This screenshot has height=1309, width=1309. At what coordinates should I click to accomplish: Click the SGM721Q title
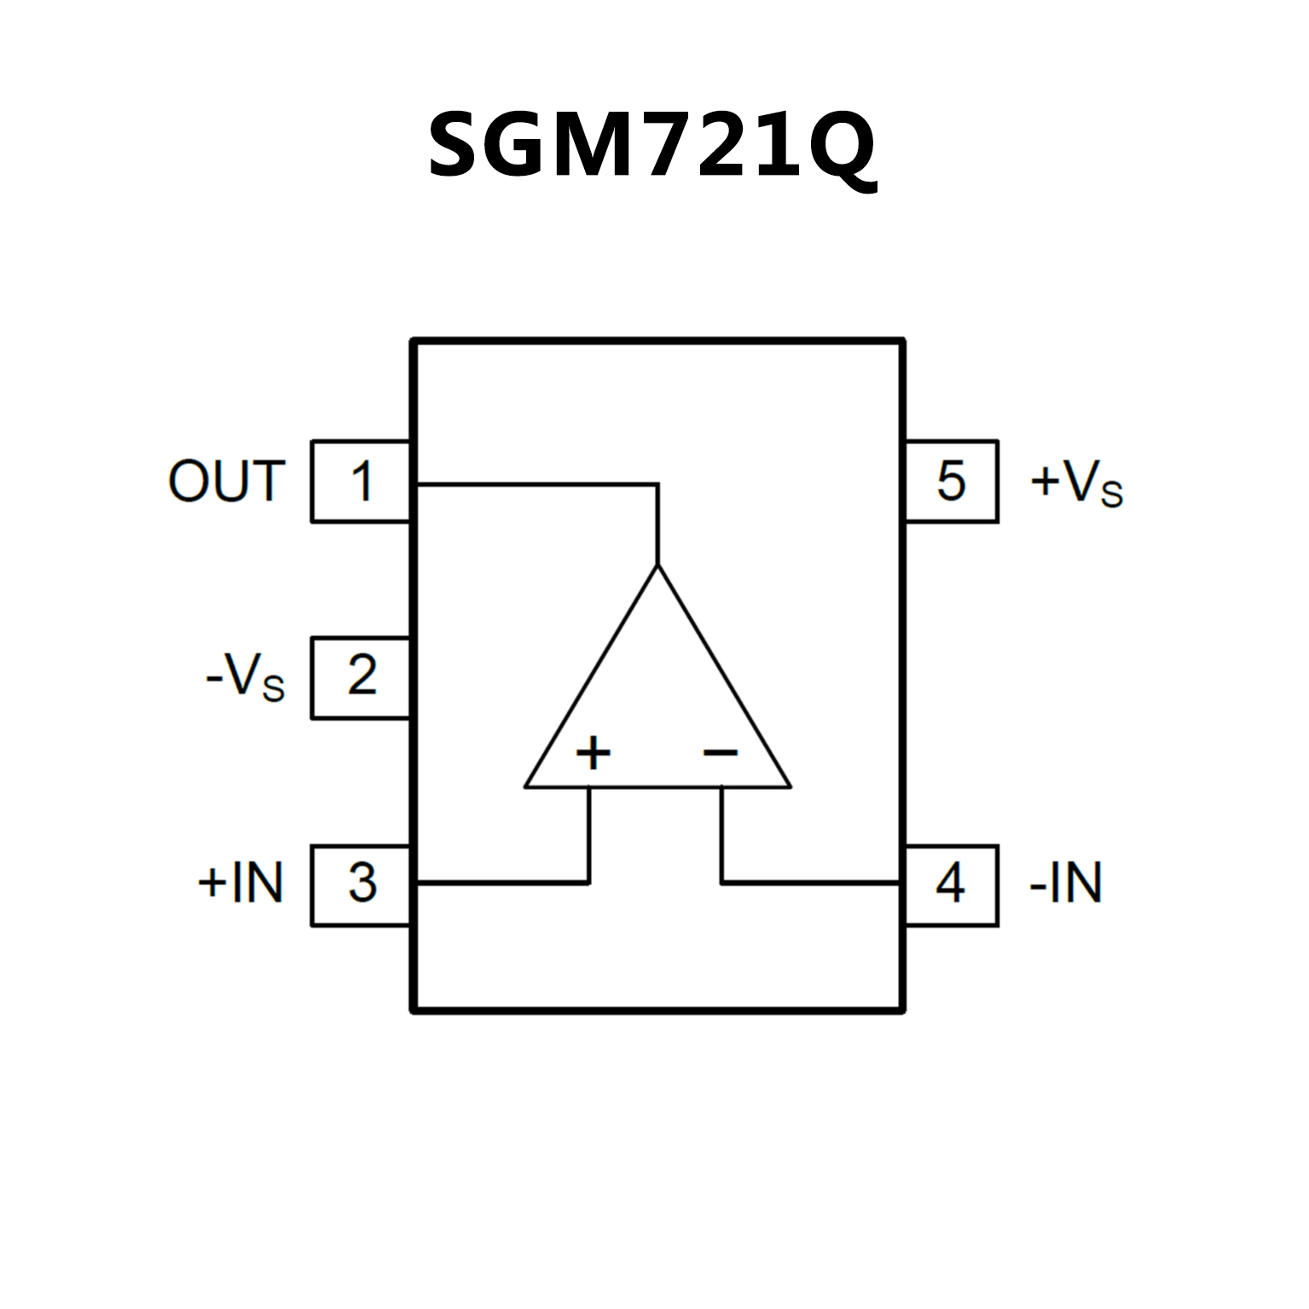point(652,146)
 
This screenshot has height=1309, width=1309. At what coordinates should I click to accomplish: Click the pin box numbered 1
point(361,481)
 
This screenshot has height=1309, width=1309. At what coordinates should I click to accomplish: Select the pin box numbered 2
point(361,677)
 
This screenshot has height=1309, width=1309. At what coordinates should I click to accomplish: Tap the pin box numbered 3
point(362,884)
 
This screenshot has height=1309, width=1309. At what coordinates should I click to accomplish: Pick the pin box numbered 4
point(950,884)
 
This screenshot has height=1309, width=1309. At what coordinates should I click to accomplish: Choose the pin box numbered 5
point(950,481)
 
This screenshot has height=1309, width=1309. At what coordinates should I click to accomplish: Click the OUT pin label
point(226,482)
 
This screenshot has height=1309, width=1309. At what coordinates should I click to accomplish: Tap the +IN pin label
point(240,883)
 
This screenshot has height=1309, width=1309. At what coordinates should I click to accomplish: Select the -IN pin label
point(1066,883)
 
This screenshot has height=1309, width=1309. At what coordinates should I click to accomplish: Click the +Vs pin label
point(1076,483)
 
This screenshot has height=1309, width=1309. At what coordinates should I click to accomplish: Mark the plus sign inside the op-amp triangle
point(593,753)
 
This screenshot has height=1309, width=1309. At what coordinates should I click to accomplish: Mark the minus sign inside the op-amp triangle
point(721,752)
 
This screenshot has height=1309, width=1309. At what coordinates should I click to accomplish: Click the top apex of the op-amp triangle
point(657,565)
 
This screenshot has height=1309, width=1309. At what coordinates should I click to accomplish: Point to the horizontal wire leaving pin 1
point(537,484)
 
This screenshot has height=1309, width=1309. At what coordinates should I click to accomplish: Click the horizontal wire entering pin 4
point(810,883)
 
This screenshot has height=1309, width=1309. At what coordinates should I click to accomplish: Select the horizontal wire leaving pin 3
point(503,883)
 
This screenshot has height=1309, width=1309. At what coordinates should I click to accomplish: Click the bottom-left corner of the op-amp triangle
point(526,786)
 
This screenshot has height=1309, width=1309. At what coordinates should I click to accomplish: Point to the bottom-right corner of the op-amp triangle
point(790,786)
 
